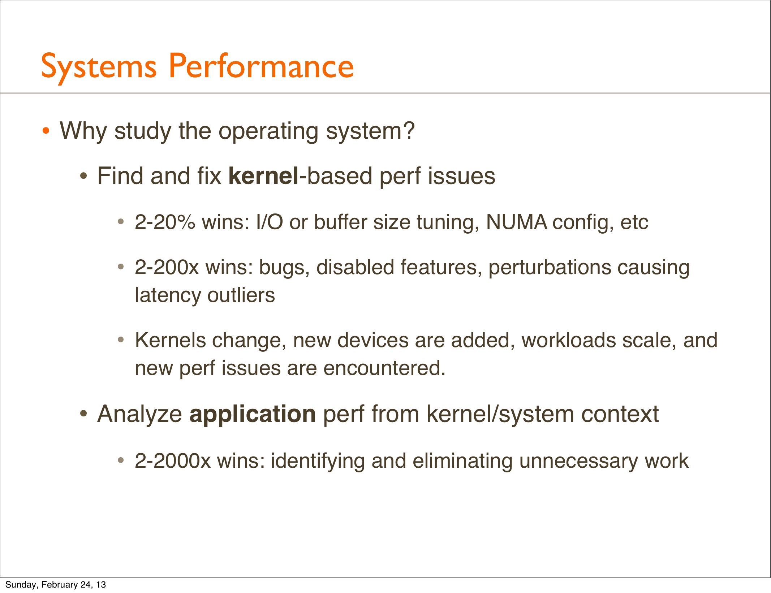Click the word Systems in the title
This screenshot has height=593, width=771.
click(99, 67)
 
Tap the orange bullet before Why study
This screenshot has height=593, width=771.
click(46, 131)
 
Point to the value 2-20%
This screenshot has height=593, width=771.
click(165, 222)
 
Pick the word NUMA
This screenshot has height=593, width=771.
click(517, 222)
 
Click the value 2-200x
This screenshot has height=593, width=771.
click(167, 268)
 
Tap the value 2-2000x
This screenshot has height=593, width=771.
click(172, 461)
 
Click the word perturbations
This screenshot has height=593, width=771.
click(549, 268)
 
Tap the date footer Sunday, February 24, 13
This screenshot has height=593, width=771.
click(56, 585)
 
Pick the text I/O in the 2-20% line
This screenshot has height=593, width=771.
click(270, 222)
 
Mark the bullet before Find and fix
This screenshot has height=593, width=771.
click(83, 177)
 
